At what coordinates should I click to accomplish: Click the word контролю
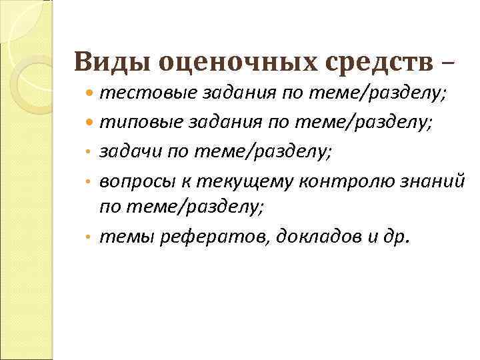click(344, 179)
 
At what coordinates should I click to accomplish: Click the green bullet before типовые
click(91, 123)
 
